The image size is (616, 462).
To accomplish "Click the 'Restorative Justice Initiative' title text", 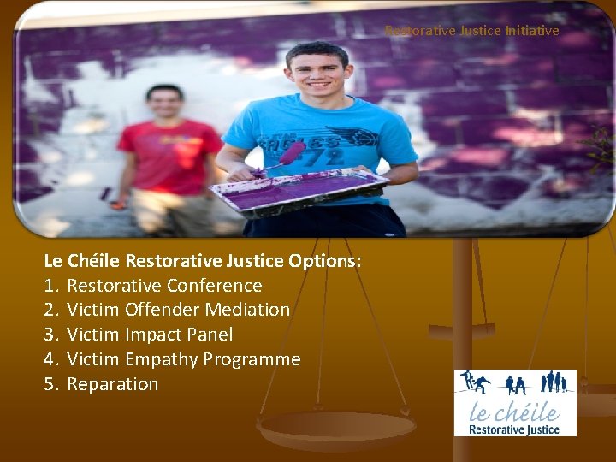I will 471,30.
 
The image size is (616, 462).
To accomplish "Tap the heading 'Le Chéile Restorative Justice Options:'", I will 203,260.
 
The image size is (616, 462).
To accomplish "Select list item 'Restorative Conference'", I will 164,285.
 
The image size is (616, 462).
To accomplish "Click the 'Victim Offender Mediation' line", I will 178,310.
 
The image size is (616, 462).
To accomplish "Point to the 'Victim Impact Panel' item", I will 150,335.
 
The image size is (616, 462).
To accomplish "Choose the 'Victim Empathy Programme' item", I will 183,359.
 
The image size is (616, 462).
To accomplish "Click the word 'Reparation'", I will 112,384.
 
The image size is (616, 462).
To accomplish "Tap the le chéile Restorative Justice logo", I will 515,403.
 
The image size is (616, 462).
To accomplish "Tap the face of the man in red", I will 164,105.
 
